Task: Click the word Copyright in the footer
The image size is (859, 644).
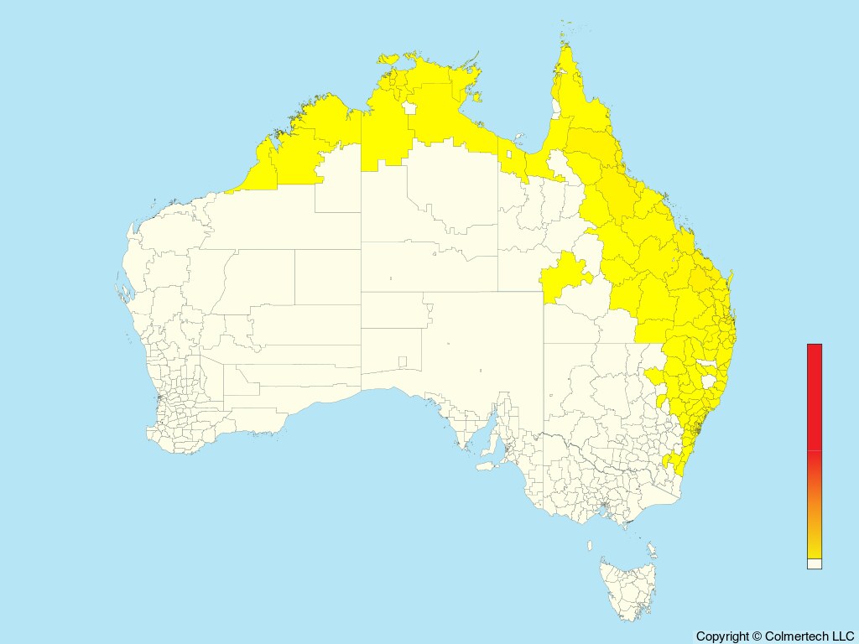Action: (721, 636)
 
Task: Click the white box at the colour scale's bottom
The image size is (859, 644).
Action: (815, 564)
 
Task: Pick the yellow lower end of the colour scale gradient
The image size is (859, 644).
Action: (815, 549)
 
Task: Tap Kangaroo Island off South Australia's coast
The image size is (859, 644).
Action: (485, 465)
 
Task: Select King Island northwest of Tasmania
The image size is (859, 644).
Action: (590, 546)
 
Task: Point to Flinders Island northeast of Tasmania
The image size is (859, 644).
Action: (651, 549)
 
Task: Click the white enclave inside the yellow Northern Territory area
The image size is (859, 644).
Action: (410, 108)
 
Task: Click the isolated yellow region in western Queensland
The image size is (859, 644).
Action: (565, 277)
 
